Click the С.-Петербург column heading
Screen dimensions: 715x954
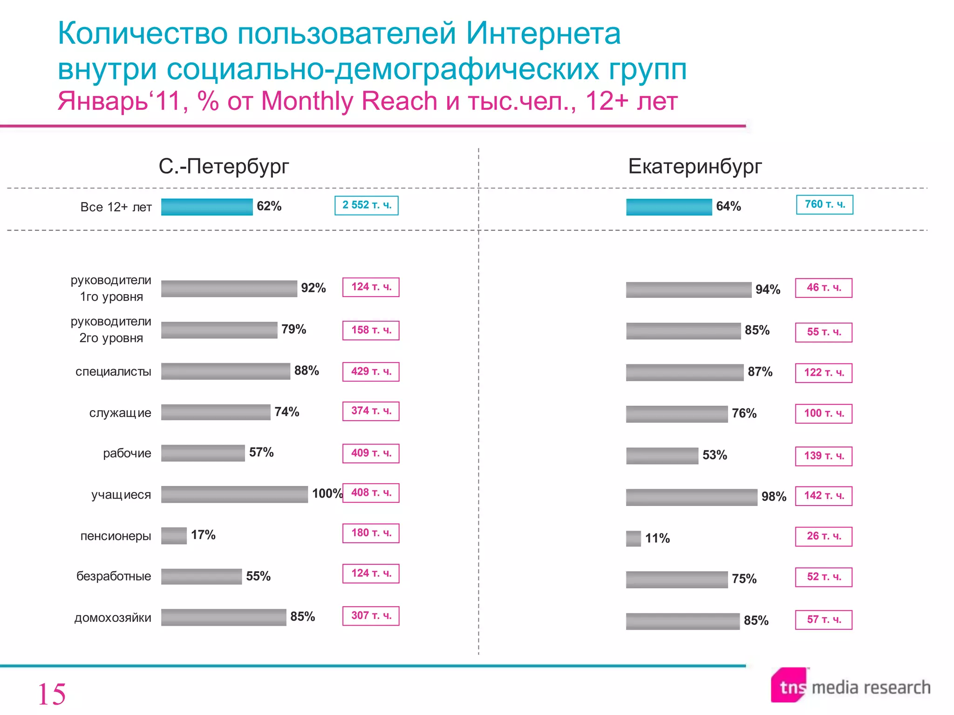(224, 166)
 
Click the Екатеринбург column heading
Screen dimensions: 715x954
(695, 166)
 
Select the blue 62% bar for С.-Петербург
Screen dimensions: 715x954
(207, 207)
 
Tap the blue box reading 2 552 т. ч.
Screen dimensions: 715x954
(367, 205)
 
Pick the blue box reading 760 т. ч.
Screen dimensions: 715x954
(825, 204)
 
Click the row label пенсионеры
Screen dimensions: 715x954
(116, 536)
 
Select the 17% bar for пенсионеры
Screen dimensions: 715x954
(174, 535)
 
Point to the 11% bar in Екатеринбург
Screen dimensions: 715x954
(633, 539)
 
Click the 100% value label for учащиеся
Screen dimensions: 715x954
(327, 493)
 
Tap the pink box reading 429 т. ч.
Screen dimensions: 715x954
(371, 371)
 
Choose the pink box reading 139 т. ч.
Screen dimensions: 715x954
(824, 456)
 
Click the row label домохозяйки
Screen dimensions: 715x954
(113, 618)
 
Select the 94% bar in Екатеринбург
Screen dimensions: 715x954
(688, 290)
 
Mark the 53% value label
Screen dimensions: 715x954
(715, 455)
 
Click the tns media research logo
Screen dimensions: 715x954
(850, 686)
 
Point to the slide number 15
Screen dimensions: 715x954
(51, 694)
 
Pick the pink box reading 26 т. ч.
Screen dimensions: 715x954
(824, 536)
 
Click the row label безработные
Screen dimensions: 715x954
(114, 576)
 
